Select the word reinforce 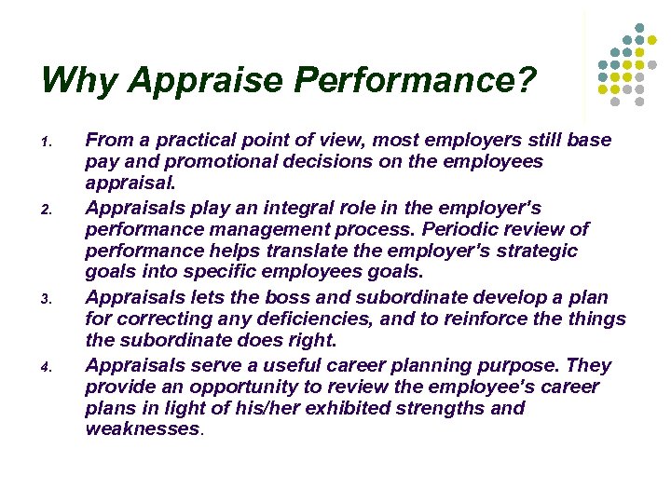click(500, 319)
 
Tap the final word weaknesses click(143, 430)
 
